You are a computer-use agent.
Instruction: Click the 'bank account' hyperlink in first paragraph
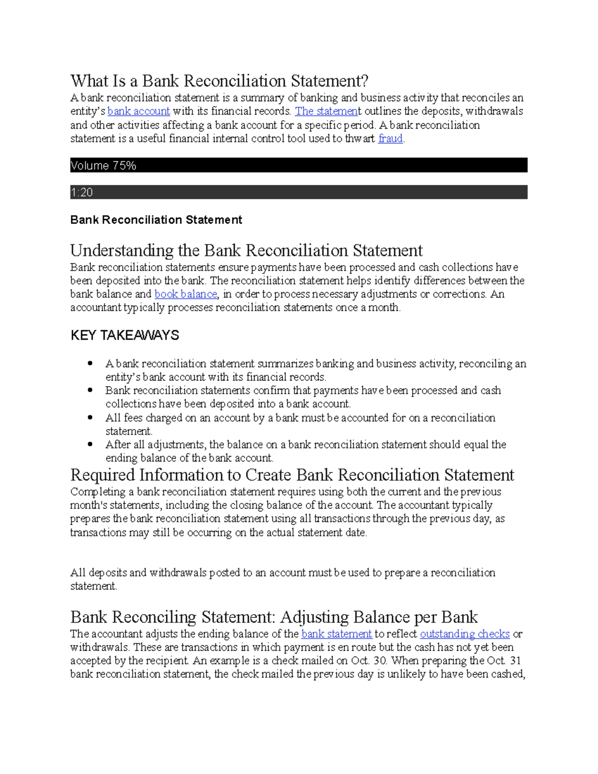(x=139, y=111)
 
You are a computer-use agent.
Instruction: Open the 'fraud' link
(x=390, y=139)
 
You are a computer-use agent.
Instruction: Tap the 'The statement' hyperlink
(x=326, y=111)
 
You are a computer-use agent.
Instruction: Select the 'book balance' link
(x=186, y=294)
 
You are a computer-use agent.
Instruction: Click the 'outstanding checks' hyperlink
(x=464, y=634)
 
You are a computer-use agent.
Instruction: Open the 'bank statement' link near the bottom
(x=337, y=634)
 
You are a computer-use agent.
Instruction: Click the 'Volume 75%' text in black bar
(x=103, y=165)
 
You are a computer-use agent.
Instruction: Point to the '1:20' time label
(x=82, y=192)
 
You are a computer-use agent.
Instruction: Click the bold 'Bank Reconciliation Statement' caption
(x=156, y=220)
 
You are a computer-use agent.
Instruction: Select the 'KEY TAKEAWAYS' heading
(x=125, y=335)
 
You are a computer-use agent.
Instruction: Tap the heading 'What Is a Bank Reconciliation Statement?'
(x=219, y=81)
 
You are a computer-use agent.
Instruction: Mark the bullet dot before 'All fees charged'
(x=90, y=418)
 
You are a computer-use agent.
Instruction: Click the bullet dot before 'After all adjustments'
(x=90, y=444)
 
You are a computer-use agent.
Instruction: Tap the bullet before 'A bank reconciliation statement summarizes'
(x=90, y=363)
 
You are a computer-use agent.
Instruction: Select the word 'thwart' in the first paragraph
(x=360, y=139)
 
